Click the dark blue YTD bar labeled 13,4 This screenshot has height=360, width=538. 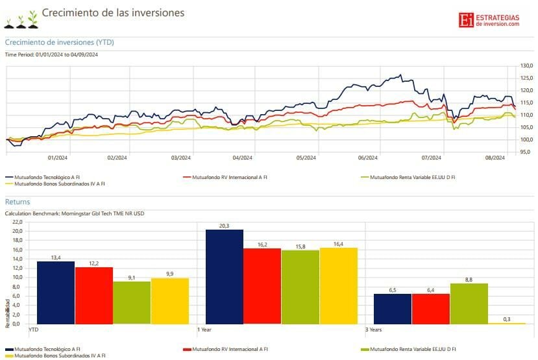(x=55, y=293)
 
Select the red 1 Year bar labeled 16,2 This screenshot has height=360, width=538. (x=262, y=286)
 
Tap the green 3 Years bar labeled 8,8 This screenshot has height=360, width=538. (x=469, y=303)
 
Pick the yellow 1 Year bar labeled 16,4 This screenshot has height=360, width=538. (x=339, y=285)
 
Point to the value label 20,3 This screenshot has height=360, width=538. (x=224, y=226)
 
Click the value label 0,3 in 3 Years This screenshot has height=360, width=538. (x=506, y=318)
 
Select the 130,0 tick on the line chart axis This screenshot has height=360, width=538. (x=526, y=66)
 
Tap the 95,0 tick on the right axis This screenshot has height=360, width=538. (x=526, y=152)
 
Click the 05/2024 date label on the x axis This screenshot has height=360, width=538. (x=306, y=158)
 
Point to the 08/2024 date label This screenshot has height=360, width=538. (x=495, y=158)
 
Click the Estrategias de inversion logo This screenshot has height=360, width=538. (x=489, y=20)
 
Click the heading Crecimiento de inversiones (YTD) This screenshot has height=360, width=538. (x=60, y=42)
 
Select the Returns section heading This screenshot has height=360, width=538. (x=18, y=202)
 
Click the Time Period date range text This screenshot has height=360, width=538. (x=51, y=54)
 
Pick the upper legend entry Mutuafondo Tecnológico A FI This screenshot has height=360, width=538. (x=45, y=176)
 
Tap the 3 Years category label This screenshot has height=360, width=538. (x=374, y=329)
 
